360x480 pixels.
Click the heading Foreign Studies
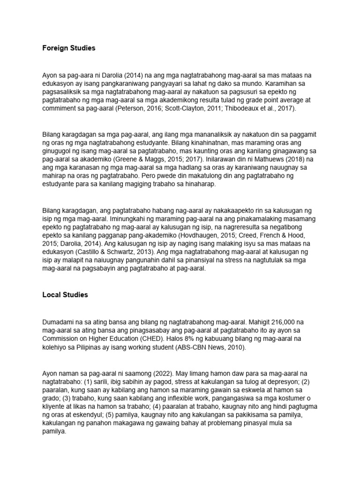(x=68, y=48)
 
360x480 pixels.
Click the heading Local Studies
(x=65, y=295)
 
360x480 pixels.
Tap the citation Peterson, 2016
(x=134, y=109)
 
